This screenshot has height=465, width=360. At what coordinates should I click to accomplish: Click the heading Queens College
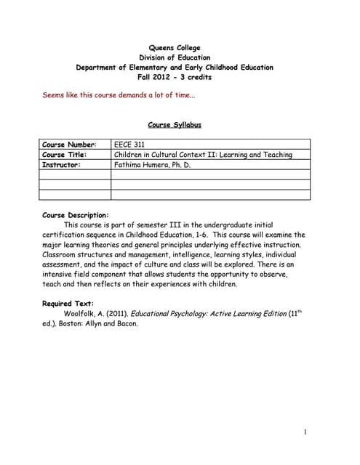click(175, 48)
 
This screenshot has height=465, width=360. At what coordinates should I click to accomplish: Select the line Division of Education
click(175, 57)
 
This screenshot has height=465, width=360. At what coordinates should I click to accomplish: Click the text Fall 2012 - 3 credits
click(175, 77)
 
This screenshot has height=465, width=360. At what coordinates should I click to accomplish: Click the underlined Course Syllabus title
click(175, 125)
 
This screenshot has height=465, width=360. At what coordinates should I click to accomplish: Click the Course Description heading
click(76, 215)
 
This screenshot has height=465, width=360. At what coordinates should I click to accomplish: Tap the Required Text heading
click(68, 304)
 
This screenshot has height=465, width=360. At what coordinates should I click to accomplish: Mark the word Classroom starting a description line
click(60, 255)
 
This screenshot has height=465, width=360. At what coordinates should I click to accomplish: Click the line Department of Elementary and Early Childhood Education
click(175, 68)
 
